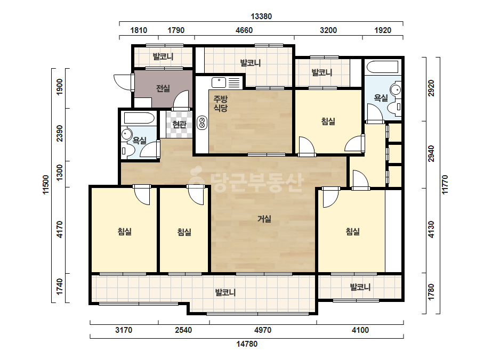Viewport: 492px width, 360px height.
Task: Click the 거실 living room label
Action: [264, 218]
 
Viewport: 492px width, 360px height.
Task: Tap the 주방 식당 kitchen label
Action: [220, 103]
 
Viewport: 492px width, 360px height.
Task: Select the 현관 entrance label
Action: [180, 125]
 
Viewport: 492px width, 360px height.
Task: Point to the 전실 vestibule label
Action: [163, 88]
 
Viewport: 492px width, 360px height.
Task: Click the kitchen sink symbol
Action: [219, 83]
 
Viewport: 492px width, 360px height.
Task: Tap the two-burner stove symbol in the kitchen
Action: [202, 123]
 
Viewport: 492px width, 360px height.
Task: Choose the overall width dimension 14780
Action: [247, 344]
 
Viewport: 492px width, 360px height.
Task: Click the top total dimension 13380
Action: [261, 17]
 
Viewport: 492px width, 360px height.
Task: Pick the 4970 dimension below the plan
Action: [263, 330]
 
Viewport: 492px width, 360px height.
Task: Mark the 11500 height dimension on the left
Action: [46, 185]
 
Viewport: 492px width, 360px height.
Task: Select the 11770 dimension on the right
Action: [445, 185]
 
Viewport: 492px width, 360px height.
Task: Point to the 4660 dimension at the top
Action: [244, 30]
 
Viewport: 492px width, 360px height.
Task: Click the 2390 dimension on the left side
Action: [60, 133]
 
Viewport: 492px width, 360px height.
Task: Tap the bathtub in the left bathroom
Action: [139, 118]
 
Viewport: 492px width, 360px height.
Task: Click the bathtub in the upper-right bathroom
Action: [383, 67]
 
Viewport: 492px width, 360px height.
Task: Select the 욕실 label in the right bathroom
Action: [381, 98]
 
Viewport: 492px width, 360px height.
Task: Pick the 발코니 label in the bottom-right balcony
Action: [360, 287]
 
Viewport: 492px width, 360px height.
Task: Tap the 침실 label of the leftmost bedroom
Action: [124, 232]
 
